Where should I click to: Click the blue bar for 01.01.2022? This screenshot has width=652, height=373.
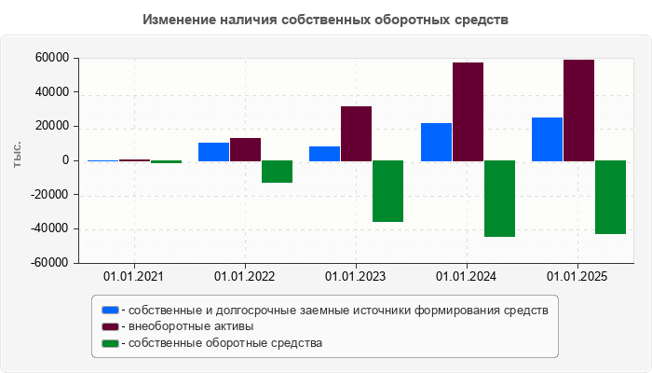pos(214,152)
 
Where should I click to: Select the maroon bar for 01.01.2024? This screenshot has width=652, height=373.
pos(468,112)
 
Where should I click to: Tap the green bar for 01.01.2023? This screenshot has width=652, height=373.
pos(387,191)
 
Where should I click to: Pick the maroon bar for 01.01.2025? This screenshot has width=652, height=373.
pos(578,110)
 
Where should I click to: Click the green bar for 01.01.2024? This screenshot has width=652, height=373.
pos(499,199)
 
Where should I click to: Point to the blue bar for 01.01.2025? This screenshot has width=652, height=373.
pos(547,139)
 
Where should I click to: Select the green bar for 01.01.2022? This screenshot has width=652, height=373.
pos(277,172)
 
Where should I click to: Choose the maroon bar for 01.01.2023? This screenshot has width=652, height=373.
pos(356,133)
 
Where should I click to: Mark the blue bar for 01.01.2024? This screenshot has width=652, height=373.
pos(436,142)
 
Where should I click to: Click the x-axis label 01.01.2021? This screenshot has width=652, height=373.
pos(133,277)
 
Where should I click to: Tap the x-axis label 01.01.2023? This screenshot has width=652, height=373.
pos(356,277)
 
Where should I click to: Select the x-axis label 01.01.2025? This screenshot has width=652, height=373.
pos(577,277)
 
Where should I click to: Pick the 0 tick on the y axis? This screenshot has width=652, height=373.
pos(66,160)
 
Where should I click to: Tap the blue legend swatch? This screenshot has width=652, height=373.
pos(110,310)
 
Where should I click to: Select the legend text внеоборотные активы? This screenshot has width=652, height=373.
pos(191,326)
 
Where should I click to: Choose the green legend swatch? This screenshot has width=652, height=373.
pos(110,343)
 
